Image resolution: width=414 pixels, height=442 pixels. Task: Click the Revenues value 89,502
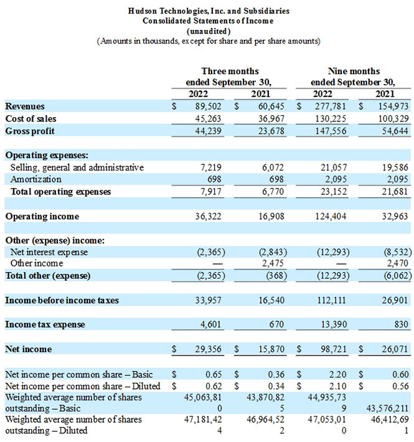(x=209, y=106)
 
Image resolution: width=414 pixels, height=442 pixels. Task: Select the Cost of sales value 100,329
(x=393, y=119)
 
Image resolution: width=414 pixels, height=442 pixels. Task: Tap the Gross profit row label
(x=30, y=131)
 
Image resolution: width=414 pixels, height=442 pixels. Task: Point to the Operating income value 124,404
(x=331, y=216)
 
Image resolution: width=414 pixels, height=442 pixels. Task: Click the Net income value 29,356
(x=209, y=349)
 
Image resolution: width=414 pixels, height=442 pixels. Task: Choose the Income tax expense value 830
(x=402, y=324)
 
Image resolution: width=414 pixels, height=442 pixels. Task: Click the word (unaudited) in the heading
(x=209, y=31)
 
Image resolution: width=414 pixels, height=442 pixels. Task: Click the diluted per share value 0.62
(x=214, y=386)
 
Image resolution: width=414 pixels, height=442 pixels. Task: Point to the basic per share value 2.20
(x=338, y=374)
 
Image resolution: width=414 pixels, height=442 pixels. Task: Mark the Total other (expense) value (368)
(x=276, y=275)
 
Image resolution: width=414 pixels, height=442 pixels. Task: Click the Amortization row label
(x=35, y=179)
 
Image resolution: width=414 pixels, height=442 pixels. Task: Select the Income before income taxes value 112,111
(x=331, y=300)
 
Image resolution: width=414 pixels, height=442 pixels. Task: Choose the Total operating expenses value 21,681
(x=395, y=192)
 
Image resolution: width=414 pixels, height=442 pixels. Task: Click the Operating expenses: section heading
(x=47, y=155)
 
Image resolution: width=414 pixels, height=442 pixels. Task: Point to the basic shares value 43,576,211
(x=387, y=408)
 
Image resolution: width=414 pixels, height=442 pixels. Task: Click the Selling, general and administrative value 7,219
(x=211, y=167)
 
